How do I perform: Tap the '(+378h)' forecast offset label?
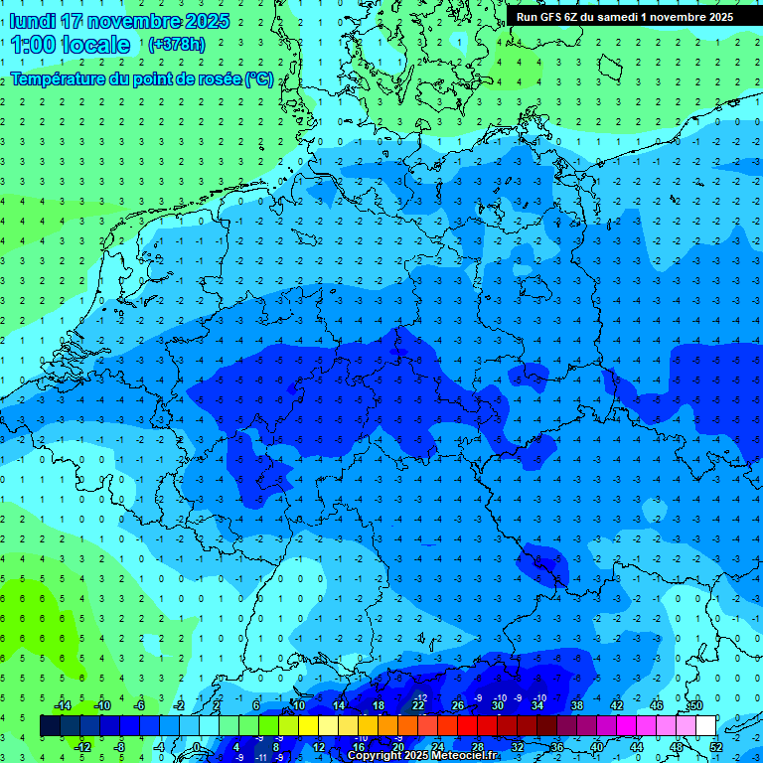[176, 44]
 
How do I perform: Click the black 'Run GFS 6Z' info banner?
[624, 16]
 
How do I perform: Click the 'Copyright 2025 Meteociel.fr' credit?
[422, 756]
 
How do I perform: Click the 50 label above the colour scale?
[695, 705]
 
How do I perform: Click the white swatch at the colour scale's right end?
[705, 726]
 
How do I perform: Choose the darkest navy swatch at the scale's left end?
[50, 726]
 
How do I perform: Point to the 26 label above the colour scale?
[458, 705]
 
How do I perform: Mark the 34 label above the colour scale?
[537, 705]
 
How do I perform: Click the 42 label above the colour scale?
[617, 705]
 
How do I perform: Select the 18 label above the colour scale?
[379, 705]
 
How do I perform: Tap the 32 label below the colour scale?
[518, 747]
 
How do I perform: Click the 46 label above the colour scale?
[657, 705]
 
